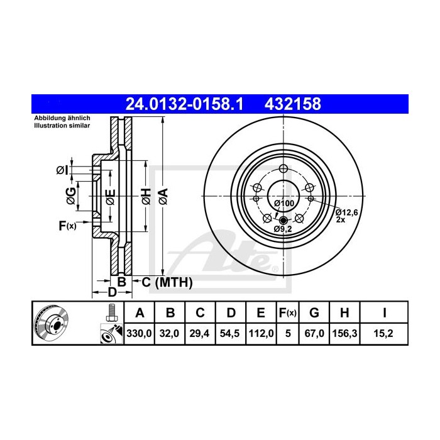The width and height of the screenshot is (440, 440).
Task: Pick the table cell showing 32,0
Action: coord(170,334)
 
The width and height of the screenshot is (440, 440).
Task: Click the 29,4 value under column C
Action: coord(200,334)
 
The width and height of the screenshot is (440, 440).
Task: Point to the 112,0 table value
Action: coord(260,334)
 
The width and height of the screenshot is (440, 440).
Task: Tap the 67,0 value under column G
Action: coord(316,334)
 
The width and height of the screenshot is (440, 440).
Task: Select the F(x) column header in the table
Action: coord(289,312)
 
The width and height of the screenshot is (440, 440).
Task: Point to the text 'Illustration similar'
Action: coord(62,126)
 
